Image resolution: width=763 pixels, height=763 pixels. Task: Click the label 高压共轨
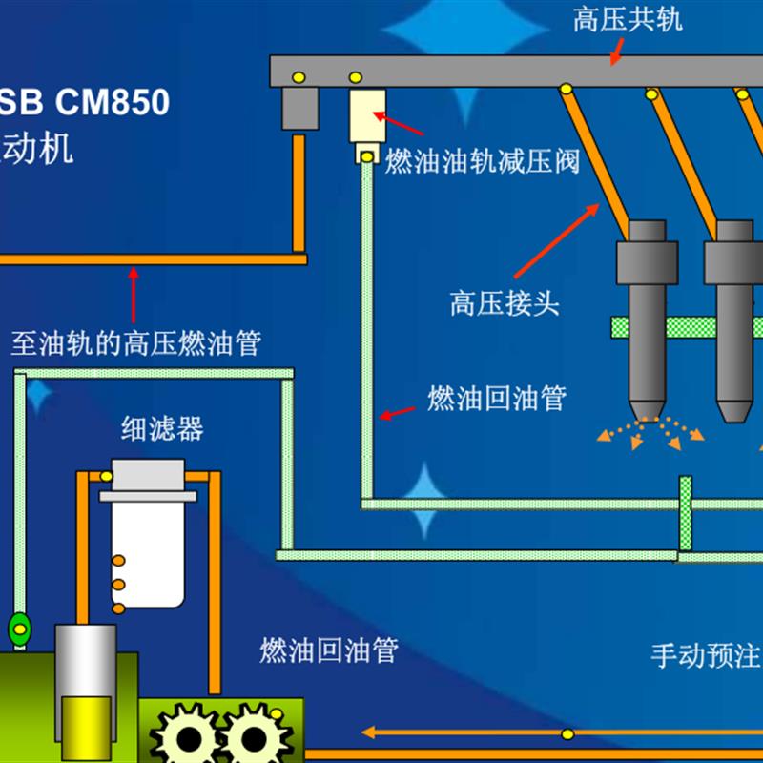point(628,20)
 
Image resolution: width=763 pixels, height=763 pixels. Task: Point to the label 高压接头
point(504,303)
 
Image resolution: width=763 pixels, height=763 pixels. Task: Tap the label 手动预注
point(705,656)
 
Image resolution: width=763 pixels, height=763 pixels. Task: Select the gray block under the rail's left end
point(299,110)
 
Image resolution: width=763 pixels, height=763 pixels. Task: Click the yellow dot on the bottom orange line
point(567,733)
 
